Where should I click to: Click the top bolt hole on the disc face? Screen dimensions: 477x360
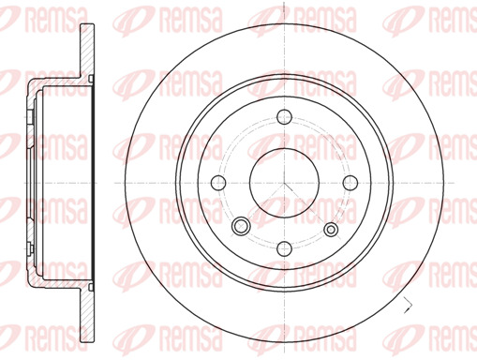pyautogui.click(x=284, y=116)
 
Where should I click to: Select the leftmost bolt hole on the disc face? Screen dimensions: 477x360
pyautogui.click(x=218, y=183)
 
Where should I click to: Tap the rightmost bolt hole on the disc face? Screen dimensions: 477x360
pyautogui.click(x=350, y=183)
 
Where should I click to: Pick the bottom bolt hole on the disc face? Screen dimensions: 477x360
pyautogui.click(x=284, y=248)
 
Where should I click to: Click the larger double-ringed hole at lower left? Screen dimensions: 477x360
pyautogui.click(x=241, y=226)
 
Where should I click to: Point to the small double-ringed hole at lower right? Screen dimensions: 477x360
pyautogui.click(x=331, y=230)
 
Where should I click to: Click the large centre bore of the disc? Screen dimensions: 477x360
pyautogui.click(x=284, y=183)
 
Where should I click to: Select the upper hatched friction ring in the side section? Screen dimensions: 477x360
pyautogui.click(x=87, y=50)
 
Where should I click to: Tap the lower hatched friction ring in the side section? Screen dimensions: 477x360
pyautogui.click(x=87, y=315)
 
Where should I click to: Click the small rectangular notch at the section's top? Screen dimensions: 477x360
pyautogui.click(x=91, y=78)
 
